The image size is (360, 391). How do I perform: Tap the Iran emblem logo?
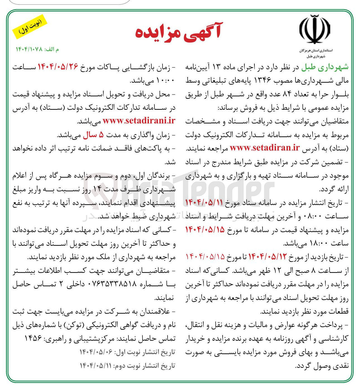pyautogui.click(x=314, y=30)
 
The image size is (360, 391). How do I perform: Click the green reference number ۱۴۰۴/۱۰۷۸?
pyautogui.click(x=29, y=49)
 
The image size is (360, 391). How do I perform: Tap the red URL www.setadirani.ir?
pyautogui.click(x=139, y=121)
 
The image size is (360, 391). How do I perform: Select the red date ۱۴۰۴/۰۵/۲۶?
pyautogui.click(x=58, y=67)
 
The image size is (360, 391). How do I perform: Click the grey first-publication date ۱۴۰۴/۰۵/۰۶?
pyautogui.click(x=96, y=352)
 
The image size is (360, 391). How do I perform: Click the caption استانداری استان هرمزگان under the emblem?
pyautogui.click(x=316, y=51)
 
